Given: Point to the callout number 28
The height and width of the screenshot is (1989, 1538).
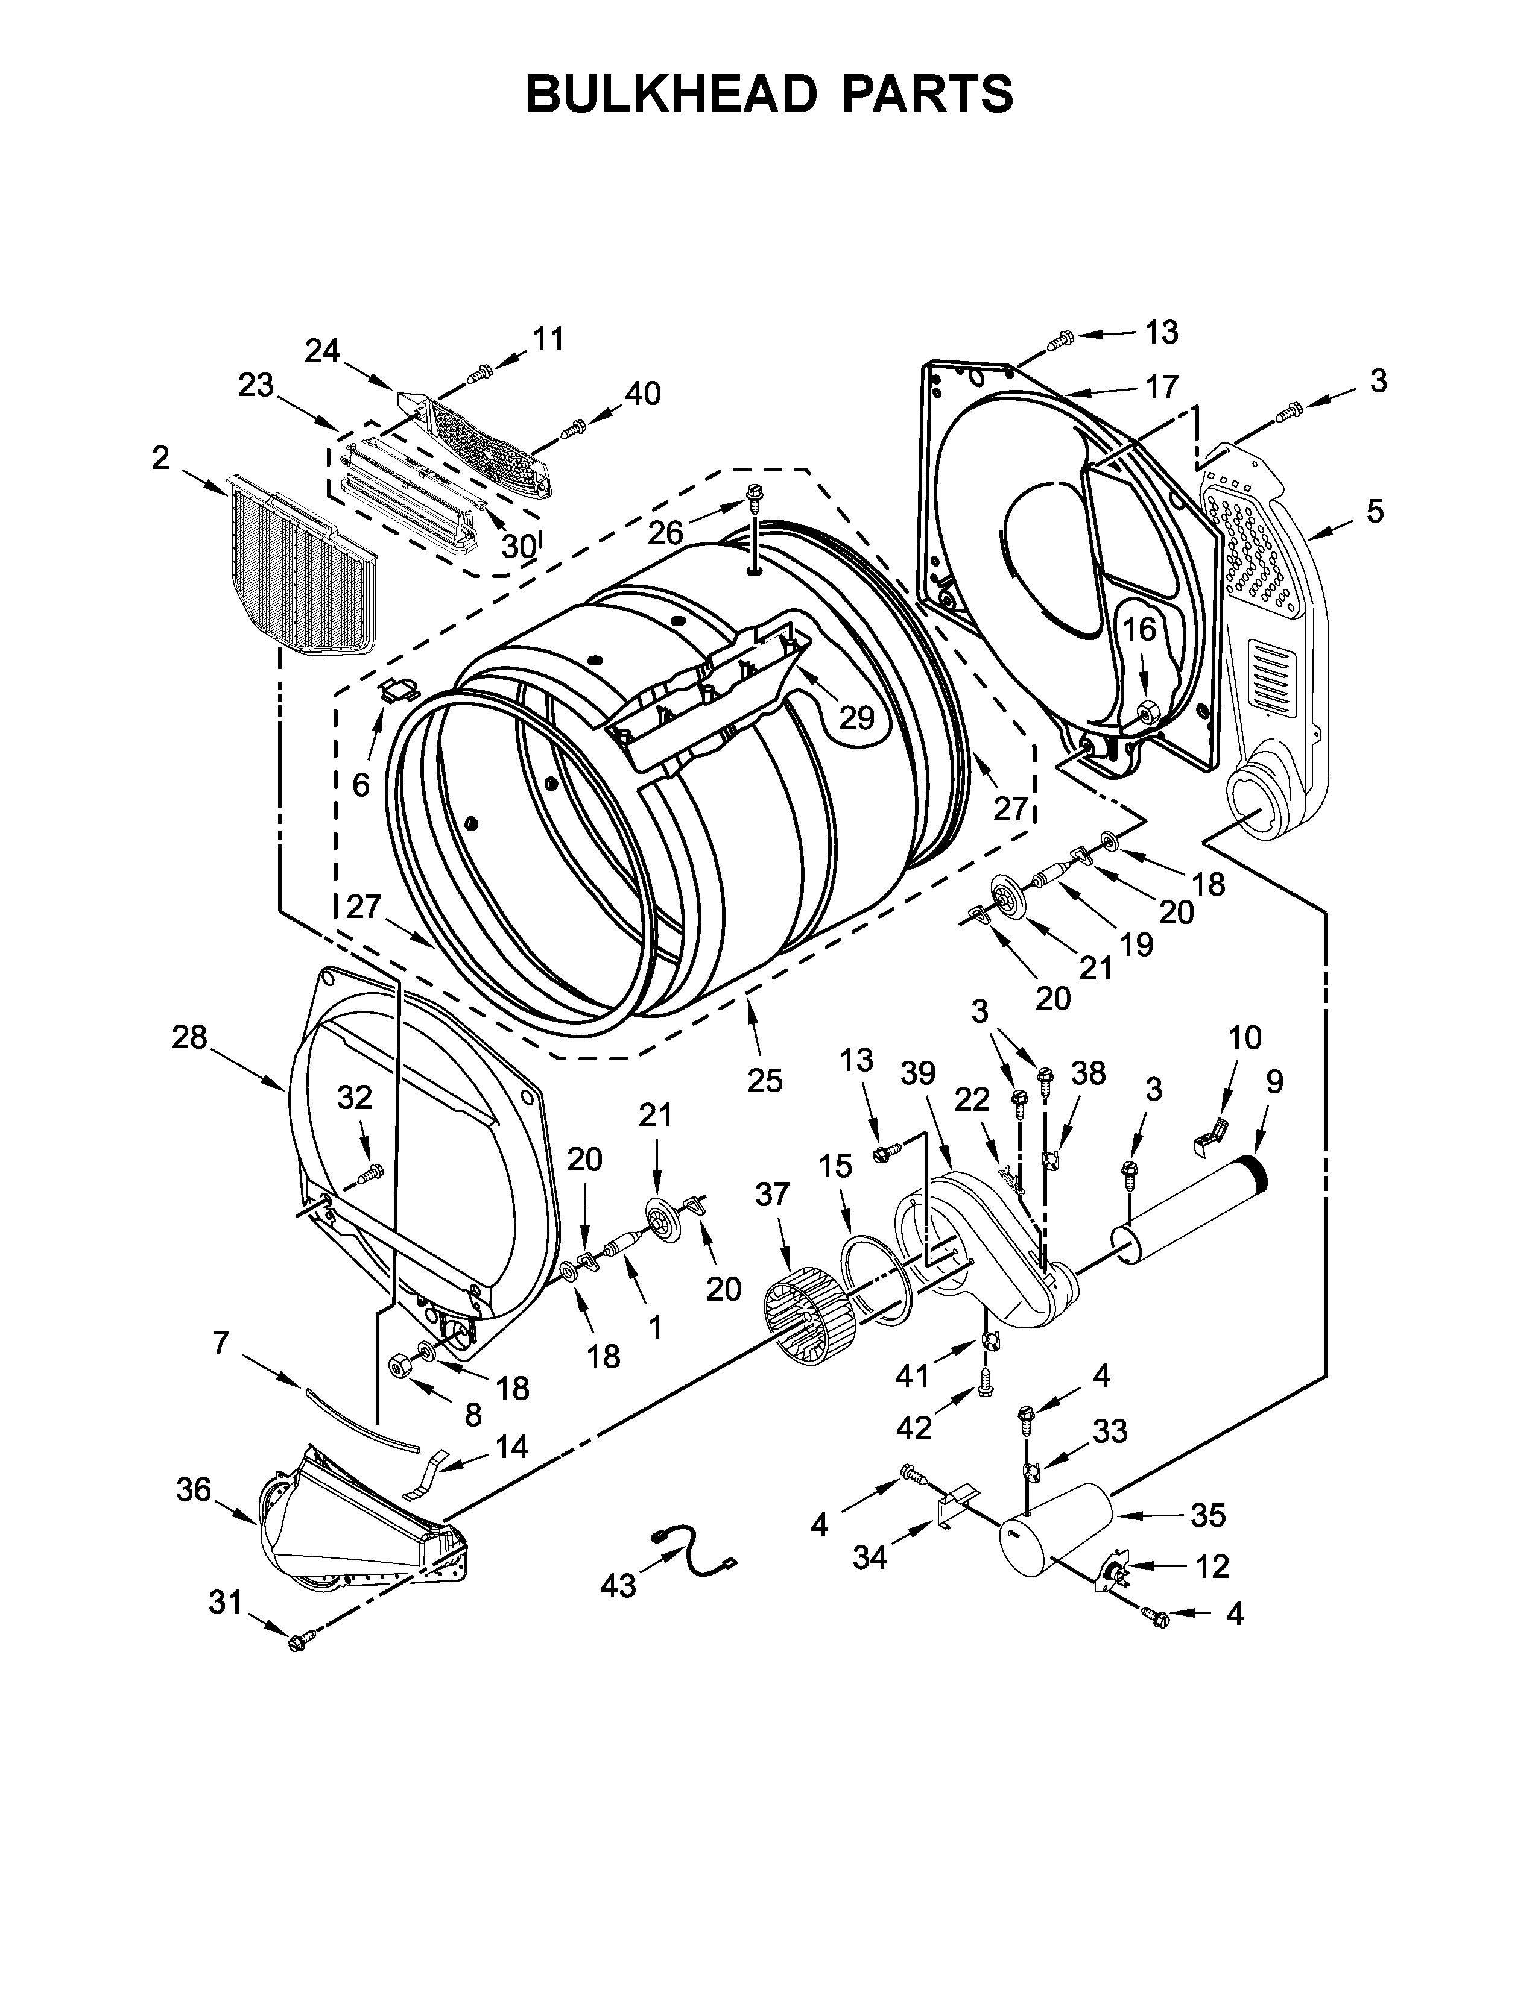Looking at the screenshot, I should [x=189, y=1037].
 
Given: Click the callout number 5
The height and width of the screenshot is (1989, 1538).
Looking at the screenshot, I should [x=1374, y=511].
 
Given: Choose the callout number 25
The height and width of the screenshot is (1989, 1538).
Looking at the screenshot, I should [x=764, y=1080].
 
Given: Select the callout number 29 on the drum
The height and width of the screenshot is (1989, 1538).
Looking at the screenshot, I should [x=856, y=718].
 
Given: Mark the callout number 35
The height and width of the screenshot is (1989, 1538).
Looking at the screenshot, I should [x=1208, y=1515].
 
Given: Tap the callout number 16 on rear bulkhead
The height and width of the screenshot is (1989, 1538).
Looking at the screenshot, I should [x=1138, y=629].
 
